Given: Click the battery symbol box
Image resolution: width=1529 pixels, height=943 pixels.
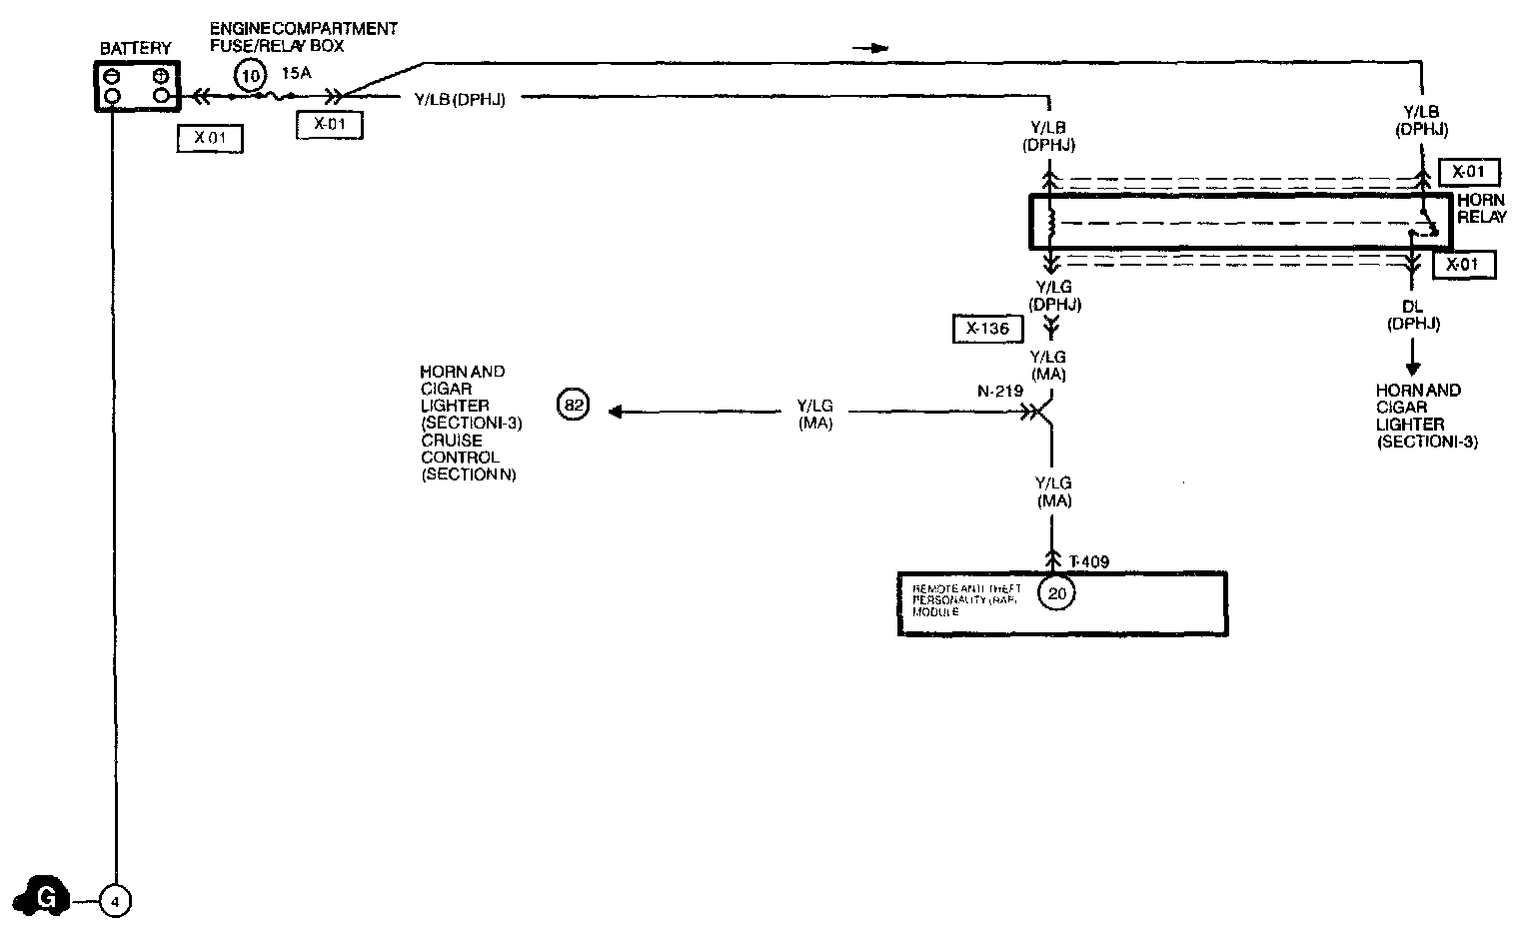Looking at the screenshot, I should pos(138,86).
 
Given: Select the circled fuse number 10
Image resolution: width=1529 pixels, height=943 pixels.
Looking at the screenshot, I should pos(251,74).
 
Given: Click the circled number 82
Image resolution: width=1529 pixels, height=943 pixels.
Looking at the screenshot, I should pos(573,406).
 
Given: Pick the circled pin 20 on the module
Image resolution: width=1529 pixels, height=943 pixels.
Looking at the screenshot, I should pos(1056,594).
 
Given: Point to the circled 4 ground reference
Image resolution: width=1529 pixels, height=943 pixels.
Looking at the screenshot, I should pos(115,902).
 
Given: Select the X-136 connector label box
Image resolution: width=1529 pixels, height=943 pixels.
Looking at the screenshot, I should pos(987,329).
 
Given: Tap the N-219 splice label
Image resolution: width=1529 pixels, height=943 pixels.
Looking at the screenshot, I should pos(999,391).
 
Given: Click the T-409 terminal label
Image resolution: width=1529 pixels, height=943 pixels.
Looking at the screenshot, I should pos(1088,562).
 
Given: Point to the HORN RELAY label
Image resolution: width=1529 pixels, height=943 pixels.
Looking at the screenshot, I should pos(1480,209).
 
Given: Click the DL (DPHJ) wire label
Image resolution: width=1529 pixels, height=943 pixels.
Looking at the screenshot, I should pos(1412,316).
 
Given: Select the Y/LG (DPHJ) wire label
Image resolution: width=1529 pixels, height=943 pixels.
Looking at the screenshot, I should pos(1052,296).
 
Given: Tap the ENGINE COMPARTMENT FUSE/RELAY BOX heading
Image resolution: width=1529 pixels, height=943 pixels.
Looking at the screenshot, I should pos(303,37).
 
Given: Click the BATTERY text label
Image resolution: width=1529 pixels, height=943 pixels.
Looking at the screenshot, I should pos(136,48).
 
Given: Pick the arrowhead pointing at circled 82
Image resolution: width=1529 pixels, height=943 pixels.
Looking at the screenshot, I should pos(616,411).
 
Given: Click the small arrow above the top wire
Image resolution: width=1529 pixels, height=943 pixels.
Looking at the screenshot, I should pos(872,48).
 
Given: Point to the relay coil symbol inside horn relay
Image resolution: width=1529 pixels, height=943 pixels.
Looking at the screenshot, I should pos(1050,223).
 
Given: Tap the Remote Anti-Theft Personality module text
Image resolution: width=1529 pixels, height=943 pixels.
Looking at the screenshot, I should pos(966,599).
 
